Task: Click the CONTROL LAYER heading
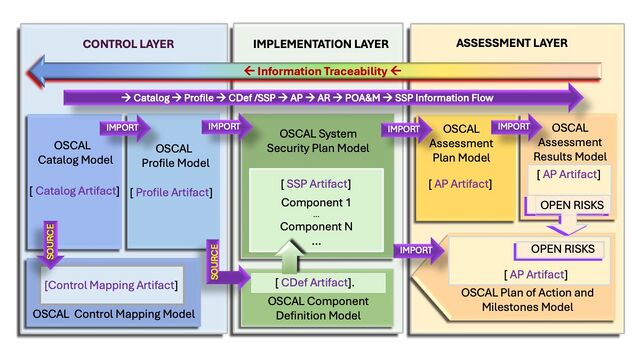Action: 128,44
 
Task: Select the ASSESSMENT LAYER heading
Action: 511,44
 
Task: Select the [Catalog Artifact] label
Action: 76,191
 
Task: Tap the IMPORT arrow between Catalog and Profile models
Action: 124,128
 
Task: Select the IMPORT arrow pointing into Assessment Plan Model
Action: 406,128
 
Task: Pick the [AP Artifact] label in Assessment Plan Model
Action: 459,183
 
